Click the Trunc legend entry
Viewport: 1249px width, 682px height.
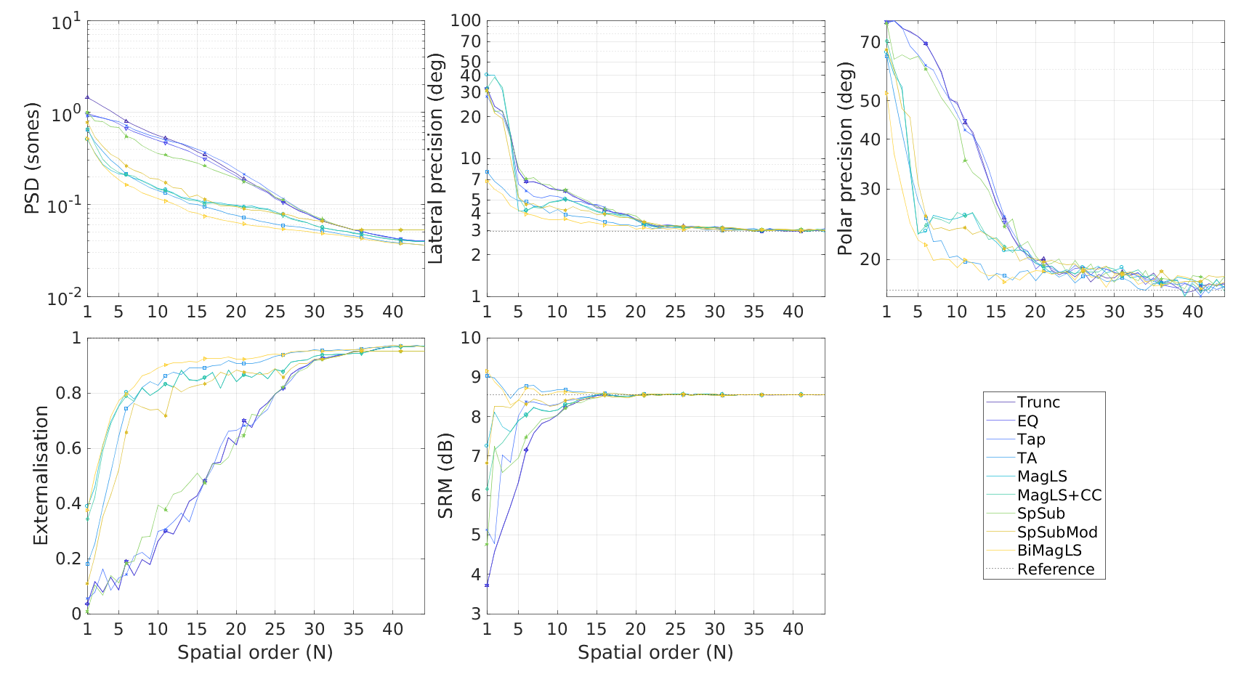1038,402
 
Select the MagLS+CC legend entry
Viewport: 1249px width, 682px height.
1059,495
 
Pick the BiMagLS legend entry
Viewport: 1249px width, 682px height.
1049,551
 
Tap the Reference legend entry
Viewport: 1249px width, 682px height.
1055,569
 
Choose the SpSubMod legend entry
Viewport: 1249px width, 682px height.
1056,532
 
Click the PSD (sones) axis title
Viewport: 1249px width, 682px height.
31,158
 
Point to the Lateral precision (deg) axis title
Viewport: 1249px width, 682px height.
435,158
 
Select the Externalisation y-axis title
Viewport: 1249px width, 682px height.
41,476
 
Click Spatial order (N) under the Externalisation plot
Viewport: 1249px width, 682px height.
255,652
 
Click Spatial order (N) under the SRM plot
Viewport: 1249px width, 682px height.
655,652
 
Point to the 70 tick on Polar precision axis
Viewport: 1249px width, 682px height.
870,42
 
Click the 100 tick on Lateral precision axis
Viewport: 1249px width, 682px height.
466,20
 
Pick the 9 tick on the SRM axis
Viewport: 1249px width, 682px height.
475,377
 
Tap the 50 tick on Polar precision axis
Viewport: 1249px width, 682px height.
870,100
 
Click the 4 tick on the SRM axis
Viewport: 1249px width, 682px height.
475,575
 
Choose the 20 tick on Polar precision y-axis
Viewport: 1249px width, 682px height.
870,259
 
